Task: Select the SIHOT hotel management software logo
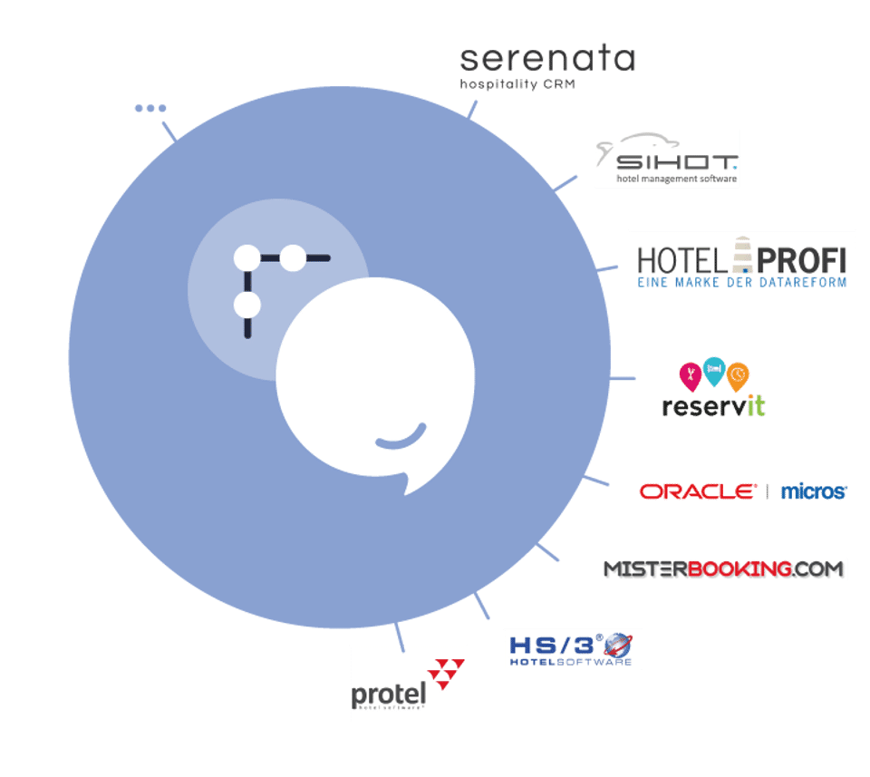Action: click(667, 160)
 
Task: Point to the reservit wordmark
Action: click(713, 405)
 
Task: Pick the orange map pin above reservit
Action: click(739, 374)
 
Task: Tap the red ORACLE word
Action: click(698, 491)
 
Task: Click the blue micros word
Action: click(813, 491)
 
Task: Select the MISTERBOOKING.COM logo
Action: click(723, 569)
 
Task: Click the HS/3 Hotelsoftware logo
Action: click(572, 649)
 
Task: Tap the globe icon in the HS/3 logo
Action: click(618, 646)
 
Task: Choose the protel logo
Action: click(408, 684)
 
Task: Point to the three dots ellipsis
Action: click(150, 108)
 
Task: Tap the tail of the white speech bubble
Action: click(410, 485)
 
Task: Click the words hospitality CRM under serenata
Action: click(517, 84)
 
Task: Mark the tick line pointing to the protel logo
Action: click(399, 636)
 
